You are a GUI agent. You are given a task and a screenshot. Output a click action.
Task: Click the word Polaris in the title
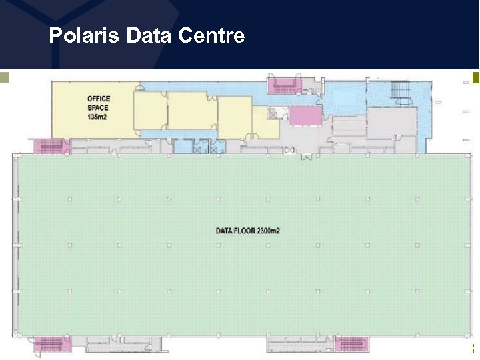(84, 35)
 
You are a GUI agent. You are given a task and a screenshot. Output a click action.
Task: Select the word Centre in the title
(211, 35)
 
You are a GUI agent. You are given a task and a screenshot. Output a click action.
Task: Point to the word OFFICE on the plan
(99, 99)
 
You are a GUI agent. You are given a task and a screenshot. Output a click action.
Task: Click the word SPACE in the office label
(97, 108)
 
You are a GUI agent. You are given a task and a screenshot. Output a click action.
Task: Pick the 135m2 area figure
(97, 117)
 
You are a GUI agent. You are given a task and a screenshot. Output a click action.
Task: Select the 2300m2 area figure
(269, 231)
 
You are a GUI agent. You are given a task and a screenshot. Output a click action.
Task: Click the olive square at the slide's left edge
(4, 77)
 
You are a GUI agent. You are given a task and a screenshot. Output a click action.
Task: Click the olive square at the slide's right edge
(475, 77)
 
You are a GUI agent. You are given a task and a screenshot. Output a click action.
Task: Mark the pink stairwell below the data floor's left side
(49, 344)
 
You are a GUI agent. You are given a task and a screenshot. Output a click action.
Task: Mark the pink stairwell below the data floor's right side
(351, 344)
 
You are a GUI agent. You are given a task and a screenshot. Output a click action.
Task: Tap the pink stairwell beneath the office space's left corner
(49, 145)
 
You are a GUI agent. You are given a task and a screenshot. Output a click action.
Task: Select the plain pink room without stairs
(305, 115)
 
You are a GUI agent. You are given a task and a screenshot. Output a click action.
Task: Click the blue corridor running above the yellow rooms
(200, 87)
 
